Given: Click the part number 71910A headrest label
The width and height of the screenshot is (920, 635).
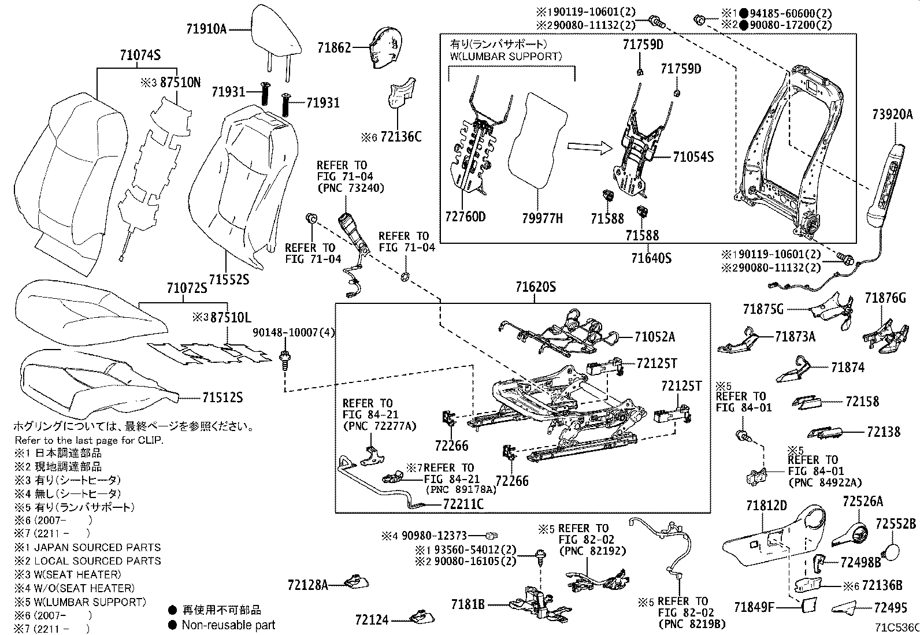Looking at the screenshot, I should [x=206, y=28].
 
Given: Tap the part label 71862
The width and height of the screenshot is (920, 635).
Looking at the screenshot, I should [x=334, y=48].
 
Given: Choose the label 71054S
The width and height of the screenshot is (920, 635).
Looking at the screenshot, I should [x=693, y=157].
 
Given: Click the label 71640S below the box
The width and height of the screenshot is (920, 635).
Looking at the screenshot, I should [x=651, y=258].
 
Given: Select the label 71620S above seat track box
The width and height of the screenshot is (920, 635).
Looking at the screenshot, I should [x=536, y=287].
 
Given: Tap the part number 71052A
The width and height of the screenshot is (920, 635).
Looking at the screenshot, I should [x=655, y=336].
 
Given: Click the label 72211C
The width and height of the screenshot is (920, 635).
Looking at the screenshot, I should [x=463, y=504].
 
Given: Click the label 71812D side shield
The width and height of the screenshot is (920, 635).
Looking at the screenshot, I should [x=766, y=506].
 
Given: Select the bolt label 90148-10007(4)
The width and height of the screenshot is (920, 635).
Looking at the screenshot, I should [x=294, y=333].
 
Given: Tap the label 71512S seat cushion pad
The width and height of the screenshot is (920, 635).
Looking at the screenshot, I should [x=222, y=398].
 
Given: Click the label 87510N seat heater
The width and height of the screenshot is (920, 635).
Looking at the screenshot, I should [x=180, y=83].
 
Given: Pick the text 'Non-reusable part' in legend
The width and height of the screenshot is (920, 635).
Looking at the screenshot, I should [x=228, y=625].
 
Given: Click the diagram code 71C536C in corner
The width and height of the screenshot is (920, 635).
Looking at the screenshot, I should [x=896, y=628].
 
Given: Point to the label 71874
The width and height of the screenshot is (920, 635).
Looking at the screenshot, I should [x=848, y=367].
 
